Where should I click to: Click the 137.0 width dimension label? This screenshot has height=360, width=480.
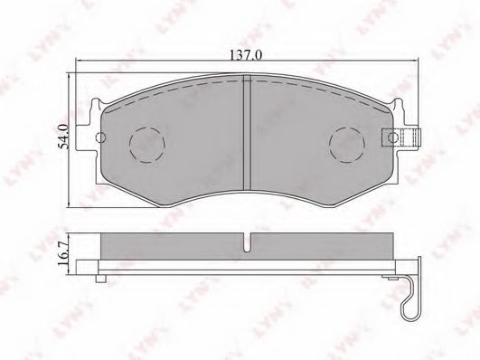246,55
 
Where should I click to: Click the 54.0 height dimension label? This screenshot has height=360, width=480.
63,137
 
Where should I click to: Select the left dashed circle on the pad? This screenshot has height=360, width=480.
147,144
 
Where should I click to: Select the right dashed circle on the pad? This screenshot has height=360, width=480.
347,144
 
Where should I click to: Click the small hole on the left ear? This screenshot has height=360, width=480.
100,137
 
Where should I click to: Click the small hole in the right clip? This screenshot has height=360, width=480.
392,137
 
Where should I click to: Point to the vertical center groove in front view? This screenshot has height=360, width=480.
247,132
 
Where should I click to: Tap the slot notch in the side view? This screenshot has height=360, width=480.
247,242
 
